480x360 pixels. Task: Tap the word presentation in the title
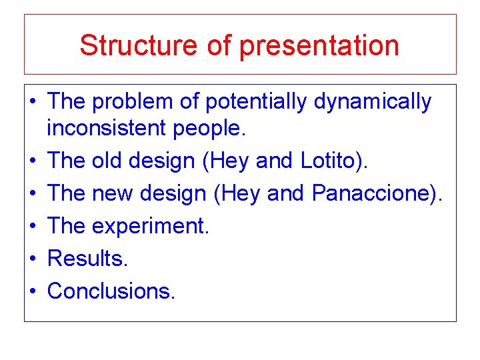pyautogui.click(x=319, y=45)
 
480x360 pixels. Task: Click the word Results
pyautogui.click(x=87, y=258)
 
